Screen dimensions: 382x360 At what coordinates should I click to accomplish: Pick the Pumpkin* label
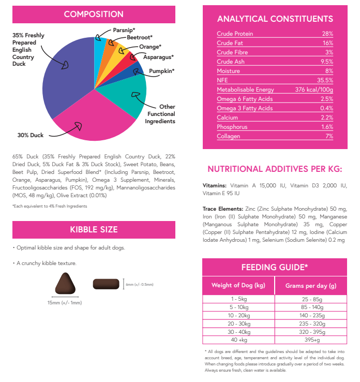(161, 71)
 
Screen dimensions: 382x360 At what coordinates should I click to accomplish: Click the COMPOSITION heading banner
(94, 14)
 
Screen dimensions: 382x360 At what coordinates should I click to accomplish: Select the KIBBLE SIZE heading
(94, 229)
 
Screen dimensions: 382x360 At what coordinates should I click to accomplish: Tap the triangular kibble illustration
(66, 285)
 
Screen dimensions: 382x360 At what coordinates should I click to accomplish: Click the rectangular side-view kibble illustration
(106, 284)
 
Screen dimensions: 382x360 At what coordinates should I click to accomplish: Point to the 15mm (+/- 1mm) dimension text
(65, 303)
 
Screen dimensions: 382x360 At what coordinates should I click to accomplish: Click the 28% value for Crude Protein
(327, 34)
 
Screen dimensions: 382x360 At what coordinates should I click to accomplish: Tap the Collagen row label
(228, 136)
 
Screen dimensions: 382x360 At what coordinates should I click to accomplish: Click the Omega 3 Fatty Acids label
(245, 109)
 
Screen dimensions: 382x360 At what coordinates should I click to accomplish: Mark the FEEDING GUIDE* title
(275, 267)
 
